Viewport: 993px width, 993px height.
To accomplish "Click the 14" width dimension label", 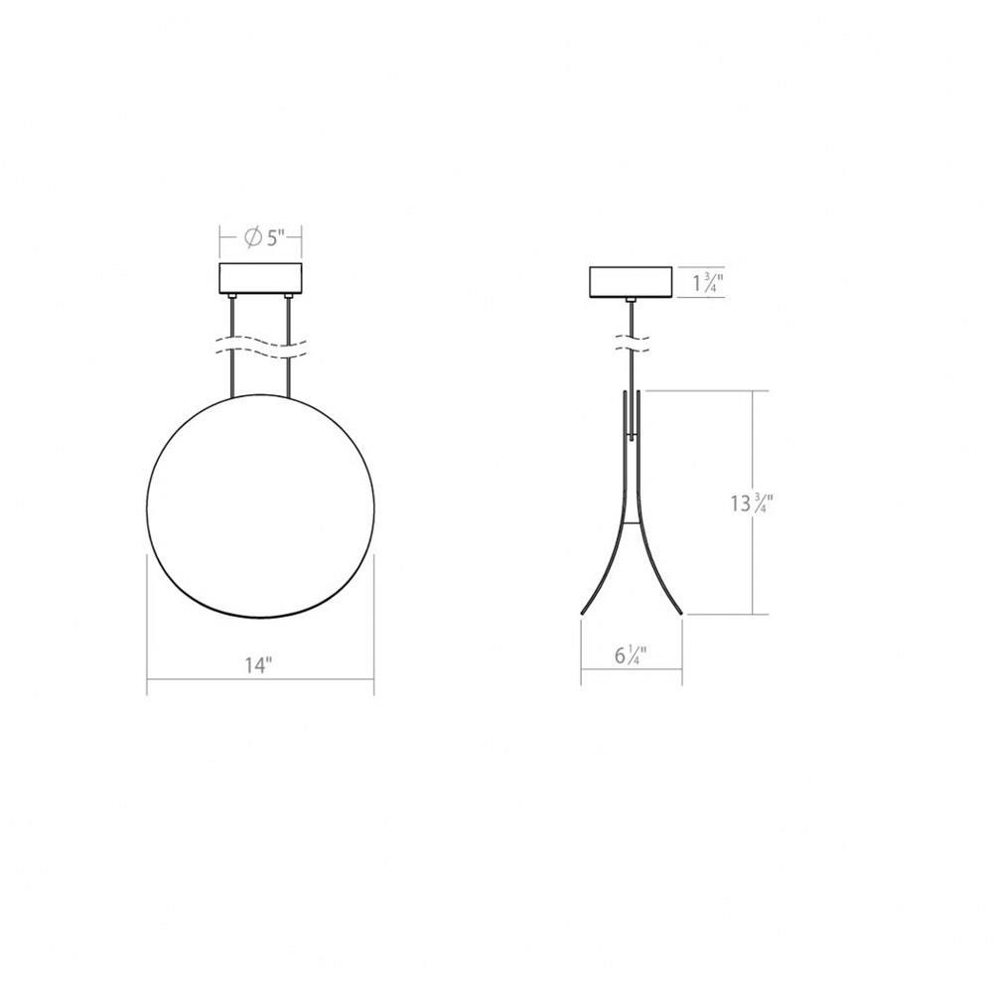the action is (258, 665).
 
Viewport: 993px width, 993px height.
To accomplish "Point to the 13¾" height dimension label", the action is (751, 503).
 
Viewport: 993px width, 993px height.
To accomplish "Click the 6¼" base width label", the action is (631, 655).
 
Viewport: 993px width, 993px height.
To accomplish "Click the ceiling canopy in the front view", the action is (260, 279).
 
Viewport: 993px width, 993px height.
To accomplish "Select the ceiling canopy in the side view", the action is (631, 282).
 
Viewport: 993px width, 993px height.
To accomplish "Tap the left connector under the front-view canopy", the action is (232, 297).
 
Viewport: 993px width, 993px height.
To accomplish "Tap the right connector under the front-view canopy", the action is (288, 297).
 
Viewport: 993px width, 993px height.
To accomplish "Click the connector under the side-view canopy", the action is (631, 300).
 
